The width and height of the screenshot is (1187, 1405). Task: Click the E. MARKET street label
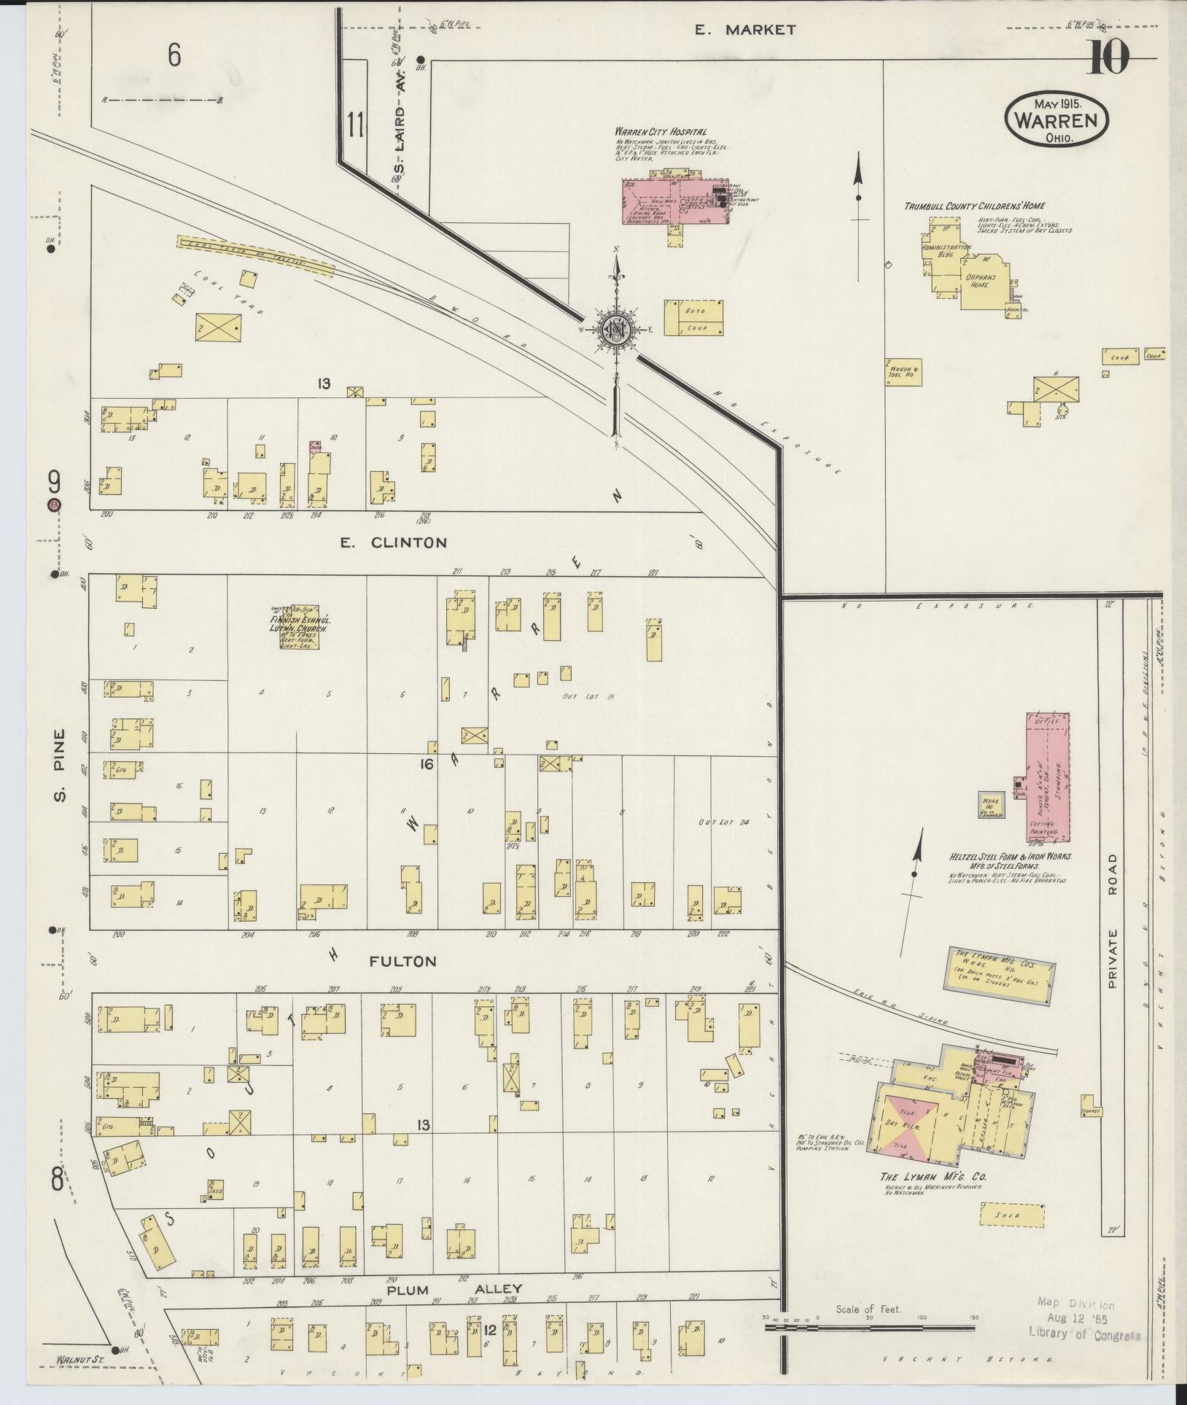point(744,30)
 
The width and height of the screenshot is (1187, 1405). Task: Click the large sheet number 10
point(1109,58)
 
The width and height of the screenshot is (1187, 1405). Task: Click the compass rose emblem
point(617,330)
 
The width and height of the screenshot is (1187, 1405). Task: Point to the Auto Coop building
point(693,318)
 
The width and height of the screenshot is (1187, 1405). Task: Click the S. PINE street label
point(60,765)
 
